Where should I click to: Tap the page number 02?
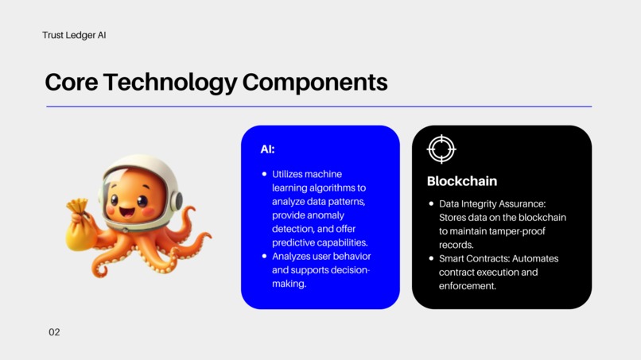click(54, 331)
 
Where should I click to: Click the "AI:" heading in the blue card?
click(267, 149)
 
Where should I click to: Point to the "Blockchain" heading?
click(461, 181)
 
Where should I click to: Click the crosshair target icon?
click(441, 149)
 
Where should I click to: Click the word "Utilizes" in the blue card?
click(289, 174)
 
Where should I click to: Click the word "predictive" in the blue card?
click(295, 242)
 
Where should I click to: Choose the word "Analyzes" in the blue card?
click(293, 256)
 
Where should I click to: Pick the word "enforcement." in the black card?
click(468, 285)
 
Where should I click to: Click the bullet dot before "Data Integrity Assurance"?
click(430, 204)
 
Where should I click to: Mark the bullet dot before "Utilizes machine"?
click(264, 174)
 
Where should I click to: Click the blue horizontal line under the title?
click(319, 106)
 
